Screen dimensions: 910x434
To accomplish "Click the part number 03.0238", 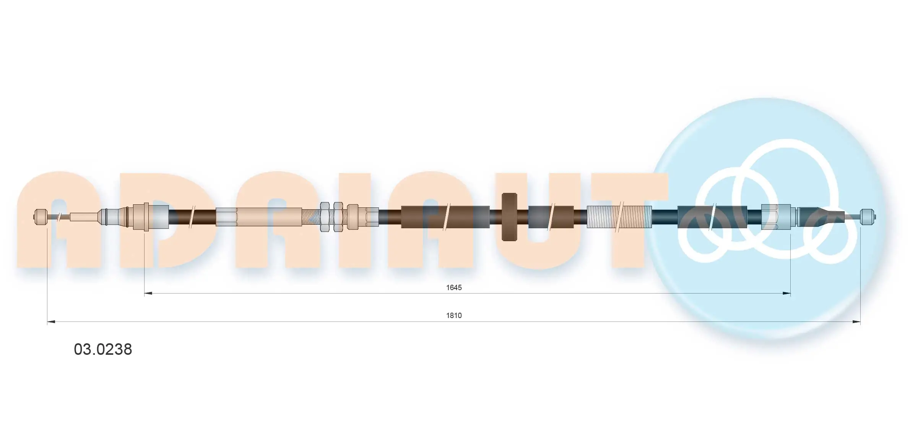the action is pyautogui.click(x=103, y=349).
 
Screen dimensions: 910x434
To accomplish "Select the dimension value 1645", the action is pyautogui.click(x=454, y=287).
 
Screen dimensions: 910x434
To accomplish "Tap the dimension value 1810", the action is pyautogui.click(x=454, y=315).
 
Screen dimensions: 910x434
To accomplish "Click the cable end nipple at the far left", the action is pyautogui.click(x=41, y=217).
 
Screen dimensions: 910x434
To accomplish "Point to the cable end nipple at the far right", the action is pyautogui.click(x=868, y=217).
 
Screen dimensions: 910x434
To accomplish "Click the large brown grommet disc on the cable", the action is pyautogui.click(x=509, y=217).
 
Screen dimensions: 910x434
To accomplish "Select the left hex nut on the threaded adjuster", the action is pyautogui.click(x=325, y=217).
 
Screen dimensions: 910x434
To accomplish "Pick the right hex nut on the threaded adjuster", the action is pyautogui.click(x=338, y=217).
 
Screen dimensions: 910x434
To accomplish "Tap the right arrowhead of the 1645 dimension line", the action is pyautogui.click(x=786, y=294).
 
